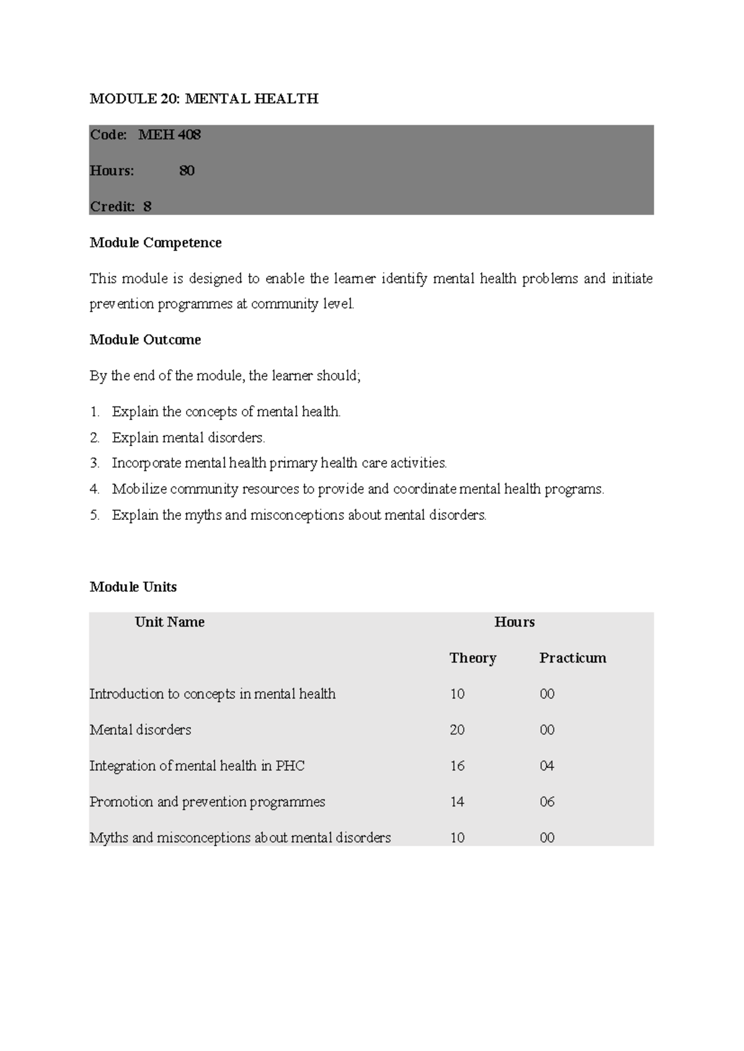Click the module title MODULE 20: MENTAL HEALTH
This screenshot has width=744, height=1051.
(204, 99)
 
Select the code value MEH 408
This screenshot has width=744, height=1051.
(169, 134)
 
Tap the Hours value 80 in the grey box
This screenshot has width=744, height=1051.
(187, 170)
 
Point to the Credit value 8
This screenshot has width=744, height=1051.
(148, 206)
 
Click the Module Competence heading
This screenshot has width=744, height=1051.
(156, 242)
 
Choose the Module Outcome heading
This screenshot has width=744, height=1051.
(145, 340)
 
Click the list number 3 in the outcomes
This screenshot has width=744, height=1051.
(94, 463)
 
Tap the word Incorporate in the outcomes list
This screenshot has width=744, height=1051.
(146, 463)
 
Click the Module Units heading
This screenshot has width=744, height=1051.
(133, 587)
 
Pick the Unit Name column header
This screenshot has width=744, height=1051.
(169, 622)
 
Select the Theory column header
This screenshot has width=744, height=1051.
(472, 657)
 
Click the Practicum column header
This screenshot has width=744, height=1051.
(572, 657)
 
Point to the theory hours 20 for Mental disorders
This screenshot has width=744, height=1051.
(457, 729)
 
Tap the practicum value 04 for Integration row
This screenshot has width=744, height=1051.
(546, 765)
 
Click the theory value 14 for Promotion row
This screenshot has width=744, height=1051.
(457, 801)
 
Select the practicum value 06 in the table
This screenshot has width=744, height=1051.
(546, 801)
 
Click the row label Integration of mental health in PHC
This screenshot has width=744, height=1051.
(197, 765)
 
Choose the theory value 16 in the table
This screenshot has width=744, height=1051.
(457, 765)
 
